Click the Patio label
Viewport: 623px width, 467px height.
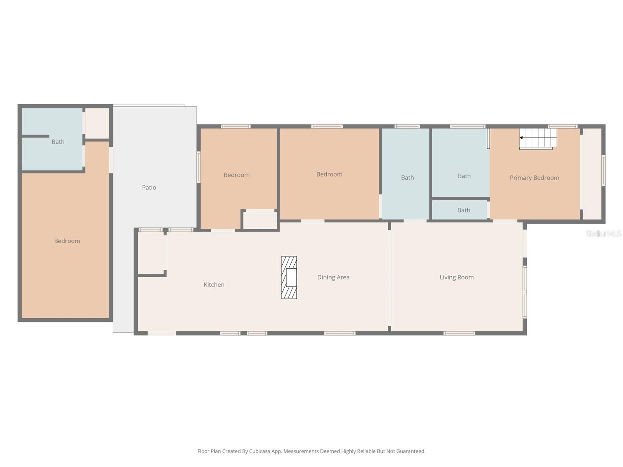[x=149, y=188]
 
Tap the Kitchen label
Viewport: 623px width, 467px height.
[x=214, y=285]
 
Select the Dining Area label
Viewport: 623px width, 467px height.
[x=333, y=277]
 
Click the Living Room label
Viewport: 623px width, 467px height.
[x=456, y=277]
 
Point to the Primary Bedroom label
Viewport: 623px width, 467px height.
[x=534, y=178]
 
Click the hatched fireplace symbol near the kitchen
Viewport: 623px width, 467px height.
[x=289, y=277]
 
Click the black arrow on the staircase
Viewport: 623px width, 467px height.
[x=521, y=138]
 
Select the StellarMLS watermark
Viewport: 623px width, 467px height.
[x=603, y=233]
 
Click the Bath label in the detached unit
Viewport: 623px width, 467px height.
[x=58, y=142]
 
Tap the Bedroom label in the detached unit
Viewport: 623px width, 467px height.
[x=67, y=241]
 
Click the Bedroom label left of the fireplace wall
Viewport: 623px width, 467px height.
[x=236, y=175]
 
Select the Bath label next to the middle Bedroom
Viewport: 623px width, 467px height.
[x=407, y=177]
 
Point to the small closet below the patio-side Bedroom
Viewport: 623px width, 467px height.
[x=260, y=220]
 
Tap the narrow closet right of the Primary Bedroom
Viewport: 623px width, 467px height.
[x=592, y=174]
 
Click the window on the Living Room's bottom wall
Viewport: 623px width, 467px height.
[x=459, y=333]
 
